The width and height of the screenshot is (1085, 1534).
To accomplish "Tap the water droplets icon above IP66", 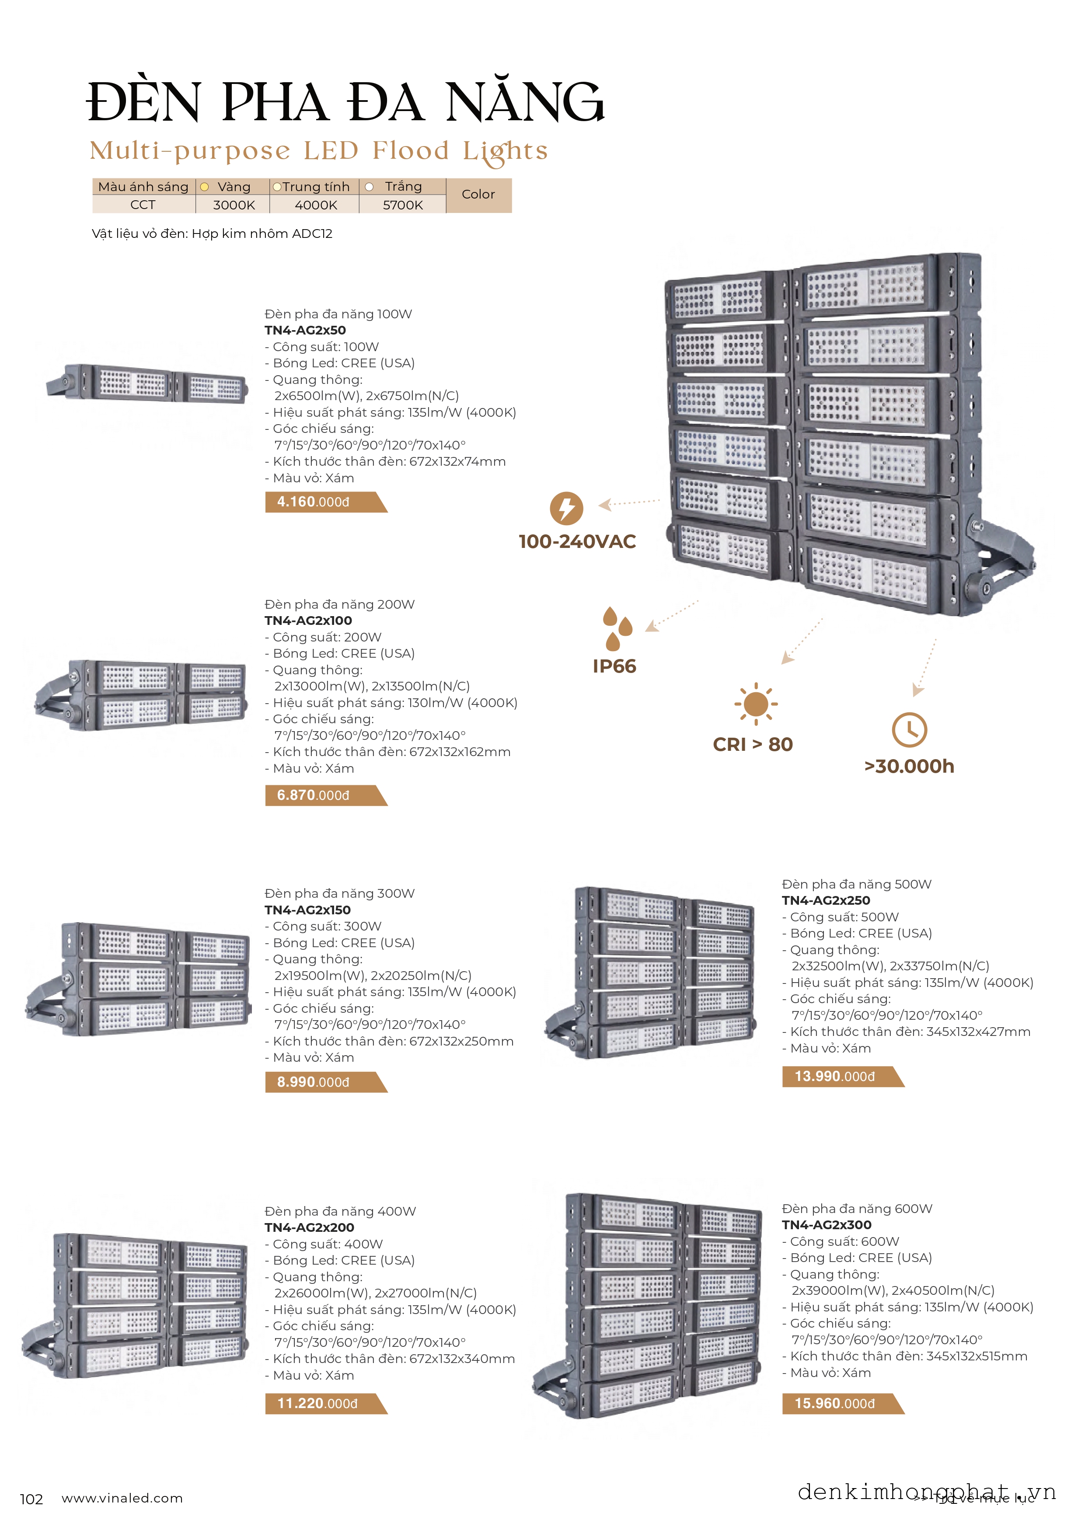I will (617, 628).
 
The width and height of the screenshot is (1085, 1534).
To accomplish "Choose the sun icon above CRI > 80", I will (756, 704).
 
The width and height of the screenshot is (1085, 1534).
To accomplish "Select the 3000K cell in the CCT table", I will (234, 205).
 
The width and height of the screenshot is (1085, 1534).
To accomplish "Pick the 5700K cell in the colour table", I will (403, 205).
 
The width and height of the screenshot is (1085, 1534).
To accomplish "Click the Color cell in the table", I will (478, 195).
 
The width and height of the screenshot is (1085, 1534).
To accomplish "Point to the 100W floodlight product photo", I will (147, 383).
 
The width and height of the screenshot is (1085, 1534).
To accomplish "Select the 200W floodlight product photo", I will (141, 695).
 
